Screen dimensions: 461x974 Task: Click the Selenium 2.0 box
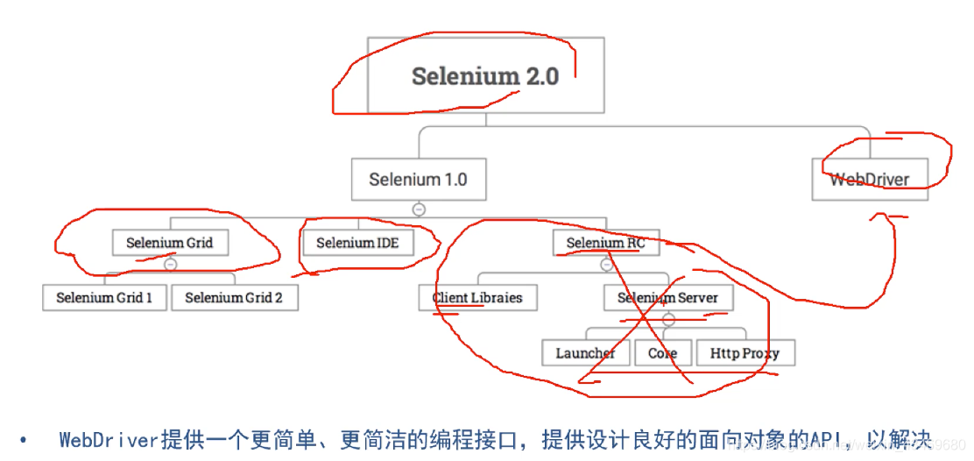485,75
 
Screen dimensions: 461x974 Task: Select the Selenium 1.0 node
418,180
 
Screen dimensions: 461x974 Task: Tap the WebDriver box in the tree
869,180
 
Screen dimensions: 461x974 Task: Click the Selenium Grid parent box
170,243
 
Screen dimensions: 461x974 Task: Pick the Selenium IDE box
357,243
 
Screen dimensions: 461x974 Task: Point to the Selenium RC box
605,243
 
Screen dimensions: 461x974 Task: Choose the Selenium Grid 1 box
104,297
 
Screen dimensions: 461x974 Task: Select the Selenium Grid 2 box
234,297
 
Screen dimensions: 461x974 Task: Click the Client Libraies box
477,297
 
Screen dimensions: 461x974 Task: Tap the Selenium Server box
667,297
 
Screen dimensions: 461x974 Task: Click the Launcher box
585,353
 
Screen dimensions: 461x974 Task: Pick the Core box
662,353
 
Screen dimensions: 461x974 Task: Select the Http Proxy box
745,353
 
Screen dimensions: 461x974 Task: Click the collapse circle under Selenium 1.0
419,209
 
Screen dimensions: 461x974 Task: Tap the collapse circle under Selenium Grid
171,264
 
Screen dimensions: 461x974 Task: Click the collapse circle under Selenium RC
606,264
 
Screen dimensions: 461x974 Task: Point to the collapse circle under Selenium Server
668,320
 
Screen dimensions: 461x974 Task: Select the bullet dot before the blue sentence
24,440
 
